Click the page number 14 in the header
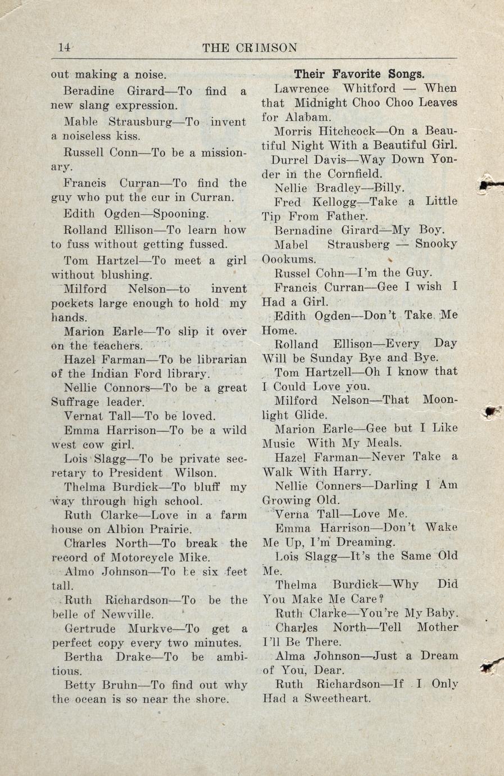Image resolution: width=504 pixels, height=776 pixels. click(65, 48)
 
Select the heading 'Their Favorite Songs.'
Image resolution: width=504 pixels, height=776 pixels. click(359, 74)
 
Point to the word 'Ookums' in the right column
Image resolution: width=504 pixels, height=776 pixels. click(289, 260)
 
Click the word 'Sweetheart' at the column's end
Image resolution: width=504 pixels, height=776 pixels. click(338, 699)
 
